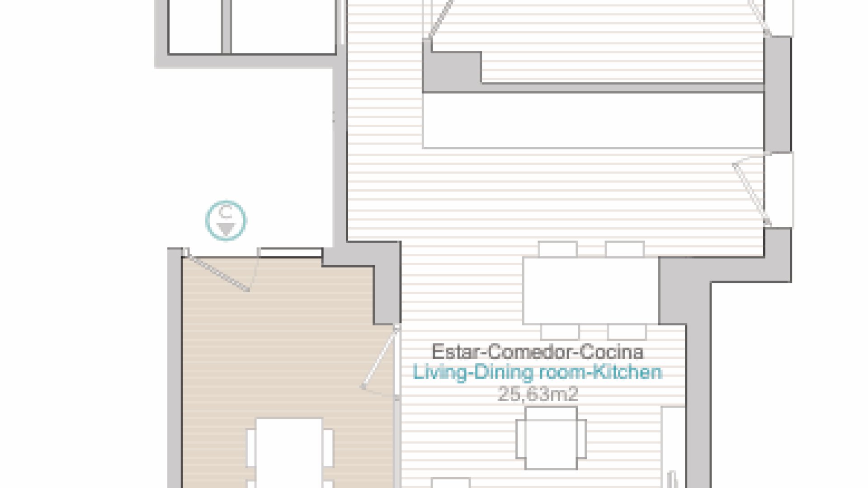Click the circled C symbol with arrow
tap(226, 221)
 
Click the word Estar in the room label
tap(456, 352)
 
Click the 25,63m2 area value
tap(538, 394)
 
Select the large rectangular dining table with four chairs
tap(590, 291)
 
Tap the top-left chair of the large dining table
tap(558, 249)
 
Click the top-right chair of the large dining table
tap(625, 249)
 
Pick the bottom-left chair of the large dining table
tap(560, 332)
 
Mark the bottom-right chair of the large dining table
tap(627, 332)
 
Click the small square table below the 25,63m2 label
tap(551, 438)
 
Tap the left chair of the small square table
tap(521, 438)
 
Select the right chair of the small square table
tap(582, 438)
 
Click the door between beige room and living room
tap(380, 357)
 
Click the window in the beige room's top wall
tap(291, 252)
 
